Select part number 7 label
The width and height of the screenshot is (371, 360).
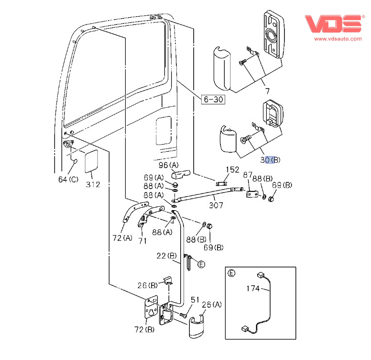point(267,91)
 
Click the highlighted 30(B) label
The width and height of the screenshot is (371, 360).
point(270,160)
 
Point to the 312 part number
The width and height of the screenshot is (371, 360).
point(93,185)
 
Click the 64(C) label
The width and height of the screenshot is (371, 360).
point(68,180)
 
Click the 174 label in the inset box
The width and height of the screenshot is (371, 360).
point(253,289)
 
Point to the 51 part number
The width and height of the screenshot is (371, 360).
point(195,300)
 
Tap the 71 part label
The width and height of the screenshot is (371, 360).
point(142,242)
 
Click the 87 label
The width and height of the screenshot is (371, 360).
point(248,176)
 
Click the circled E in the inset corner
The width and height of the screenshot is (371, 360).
point(232,273)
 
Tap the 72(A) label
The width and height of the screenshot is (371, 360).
point(122,238)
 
